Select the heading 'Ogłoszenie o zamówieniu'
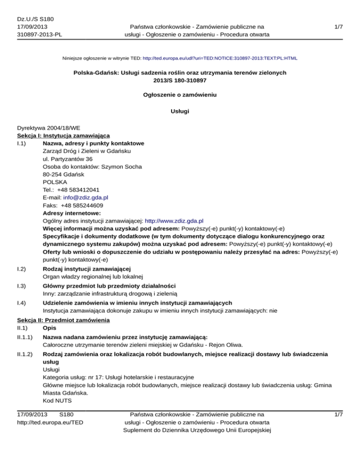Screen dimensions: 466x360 point(180,95)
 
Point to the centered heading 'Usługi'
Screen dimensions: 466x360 point(180,113)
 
